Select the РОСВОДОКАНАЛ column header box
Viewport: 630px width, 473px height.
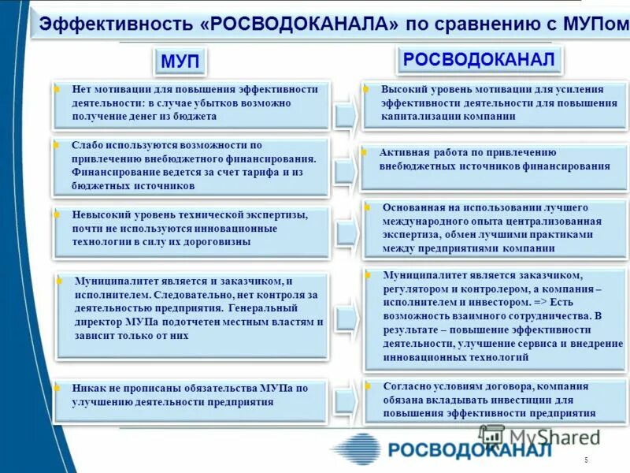click(480, 59)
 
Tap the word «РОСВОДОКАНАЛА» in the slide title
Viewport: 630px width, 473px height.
click(299, 24)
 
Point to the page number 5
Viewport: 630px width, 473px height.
click(586, 460)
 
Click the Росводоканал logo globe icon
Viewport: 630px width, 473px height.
click(356, 449)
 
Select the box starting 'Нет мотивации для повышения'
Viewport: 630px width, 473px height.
click(191, 103)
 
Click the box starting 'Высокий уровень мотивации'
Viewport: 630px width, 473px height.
click(495, 103)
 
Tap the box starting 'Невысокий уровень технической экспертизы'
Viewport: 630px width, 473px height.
click(191, 230)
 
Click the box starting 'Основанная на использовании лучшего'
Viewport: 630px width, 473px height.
click(495, 229)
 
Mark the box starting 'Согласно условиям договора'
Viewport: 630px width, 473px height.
click(495, 400)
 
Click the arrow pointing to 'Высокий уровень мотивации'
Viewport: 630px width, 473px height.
click(344, 115)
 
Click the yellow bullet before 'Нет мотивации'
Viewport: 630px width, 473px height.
click(56, 90)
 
